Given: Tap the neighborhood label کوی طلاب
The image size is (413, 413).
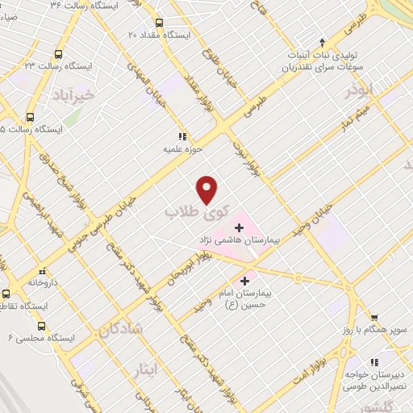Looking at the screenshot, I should point(191,211).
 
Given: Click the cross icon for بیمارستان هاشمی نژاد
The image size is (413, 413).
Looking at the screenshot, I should point(238,227).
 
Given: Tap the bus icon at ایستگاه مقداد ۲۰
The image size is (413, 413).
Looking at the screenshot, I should point(158,23).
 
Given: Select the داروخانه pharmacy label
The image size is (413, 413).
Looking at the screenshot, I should point(43,283).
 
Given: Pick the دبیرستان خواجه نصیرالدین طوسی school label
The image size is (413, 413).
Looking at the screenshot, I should point(376,358).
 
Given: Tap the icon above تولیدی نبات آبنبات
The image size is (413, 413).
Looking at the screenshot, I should point(322,43).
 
